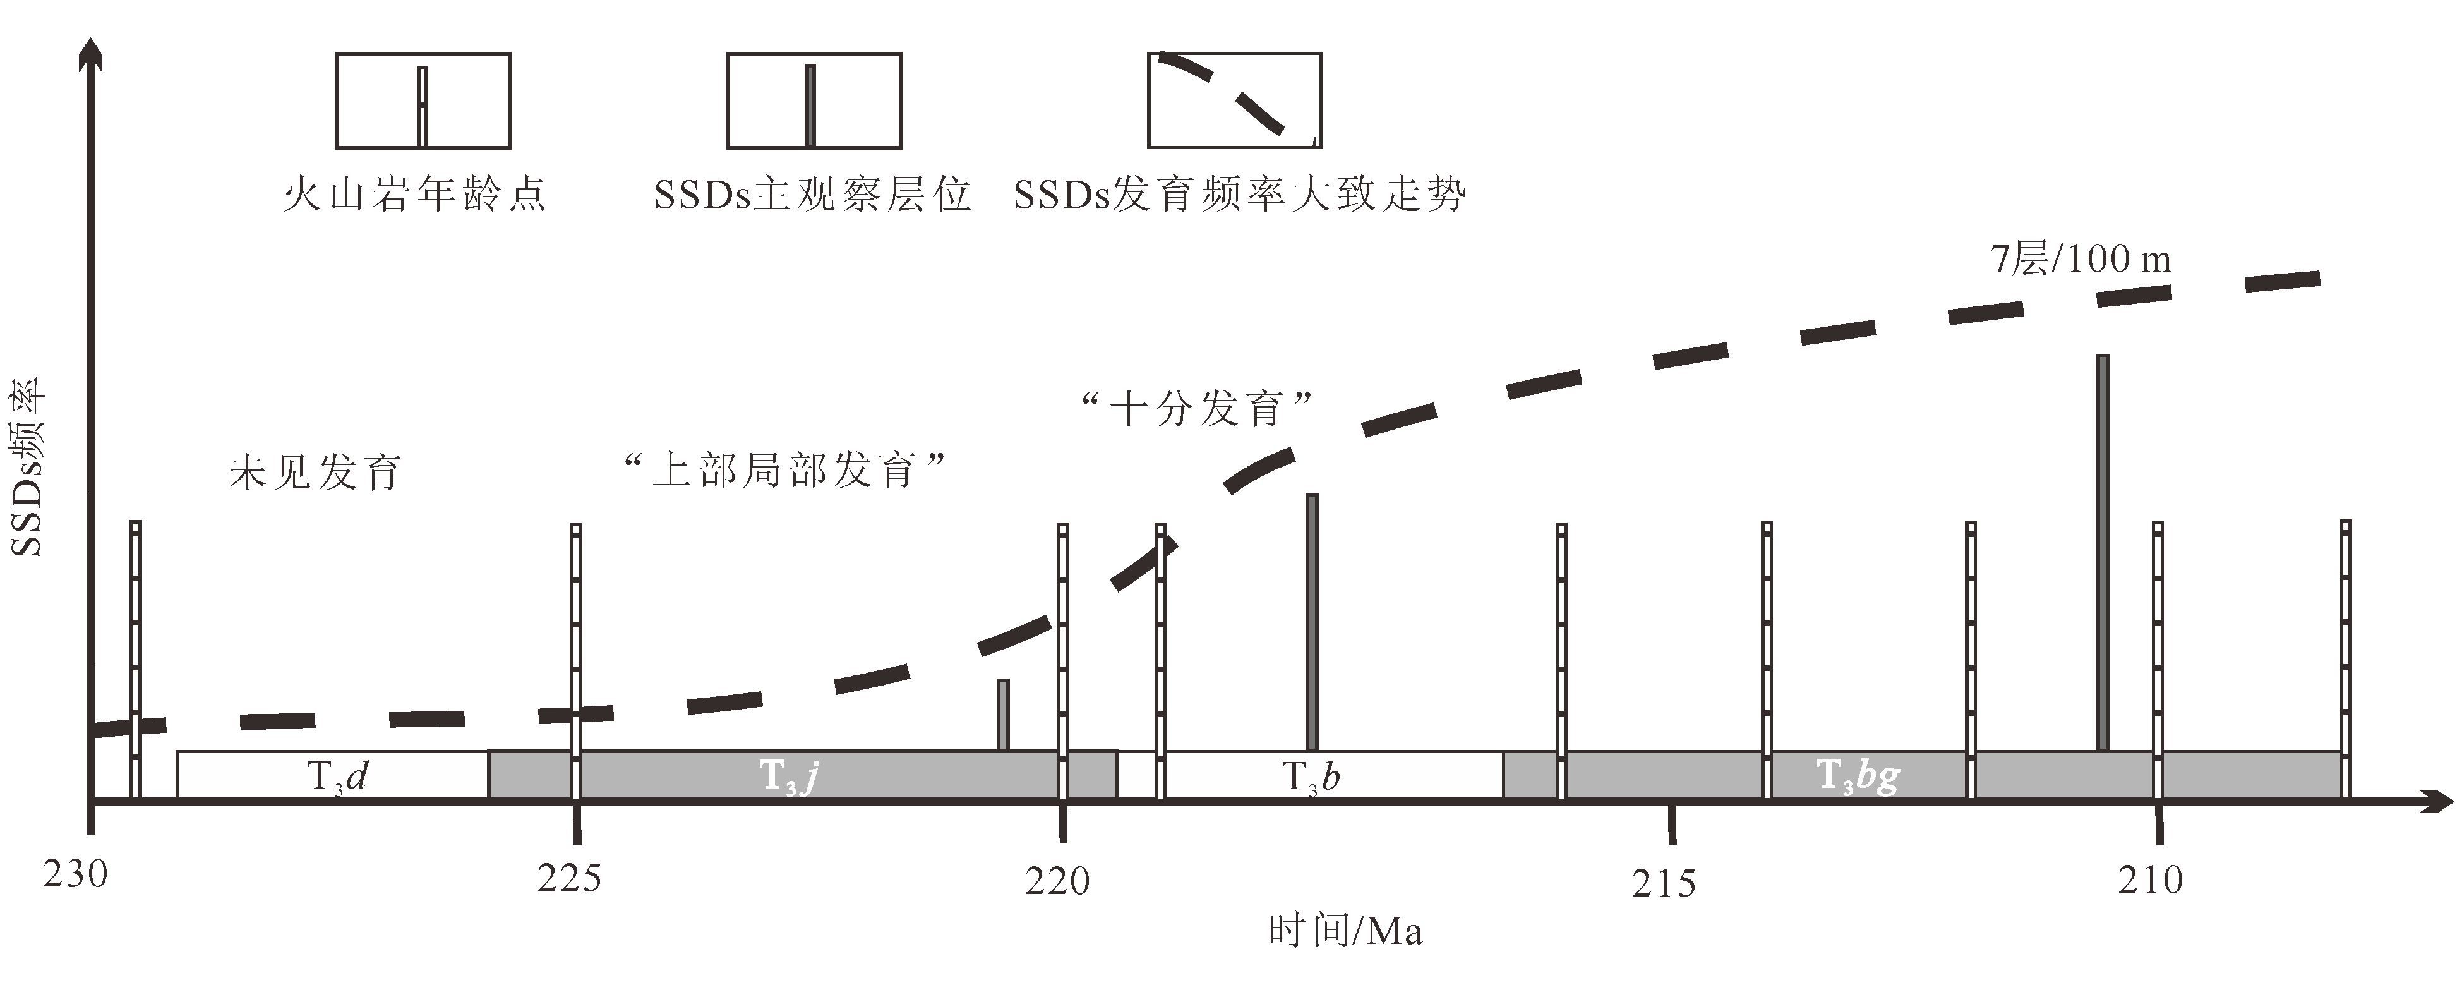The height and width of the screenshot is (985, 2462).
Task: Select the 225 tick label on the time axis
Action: click(x=570, y=877)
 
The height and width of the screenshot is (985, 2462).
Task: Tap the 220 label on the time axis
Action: click(x=1057, y=880)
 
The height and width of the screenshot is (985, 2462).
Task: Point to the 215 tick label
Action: click(x=1664, y=884)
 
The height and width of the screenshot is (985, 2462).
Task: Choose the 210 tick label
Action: click(x=2151, y=880)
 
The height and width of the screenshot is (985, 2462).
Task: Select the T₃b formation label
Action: click(x=1311, y=777)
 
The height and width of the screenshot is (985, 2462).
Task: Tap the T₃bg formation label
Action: click(x=1857, y=777)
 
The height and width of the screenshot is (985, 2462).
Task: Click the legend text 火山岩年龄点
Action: click(x=414, y=195)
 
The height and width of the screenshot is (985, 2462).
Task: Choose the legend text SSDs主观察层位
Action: click(x=812, y=195)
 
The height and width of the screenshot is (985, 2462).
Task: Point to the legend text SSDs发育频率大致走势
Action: click(x=1239, y=195)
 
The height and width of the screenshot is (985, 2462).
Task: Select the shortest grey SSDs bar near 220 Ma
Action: click(x=1002, y=715)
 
